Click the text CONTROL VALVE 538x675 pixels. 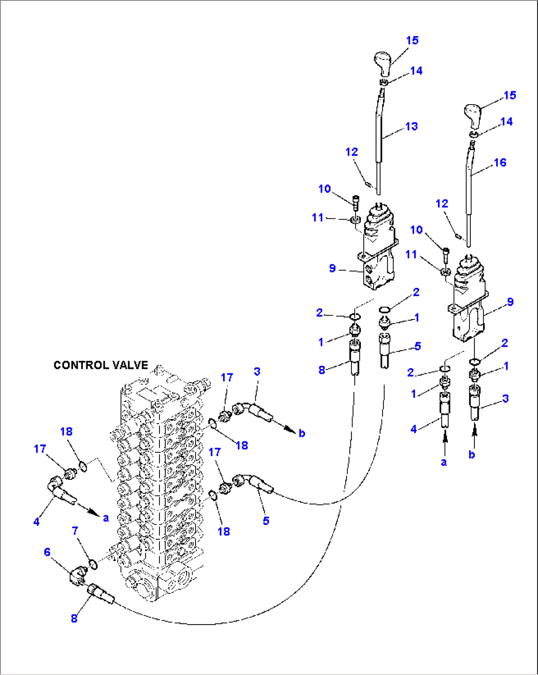coord(101,365)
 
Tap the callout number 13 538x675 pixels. coord(411,126)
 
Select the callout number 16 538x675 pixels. coord(500,162)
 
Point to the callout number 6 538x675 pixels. coord(47,552)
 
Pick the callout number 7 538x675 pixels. coord(75,531)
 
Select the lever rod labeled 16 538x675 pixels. coord(469,198)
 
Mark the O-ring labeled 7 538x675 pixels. coord(92,563)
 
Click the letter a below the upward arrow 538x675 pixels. coord(444,462)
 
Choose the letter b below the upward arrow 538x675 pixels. coord(472,454)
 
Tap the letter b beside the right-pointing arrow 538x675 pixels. coord(302,433)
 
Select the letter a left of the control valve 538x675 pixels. coord(106,518)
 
